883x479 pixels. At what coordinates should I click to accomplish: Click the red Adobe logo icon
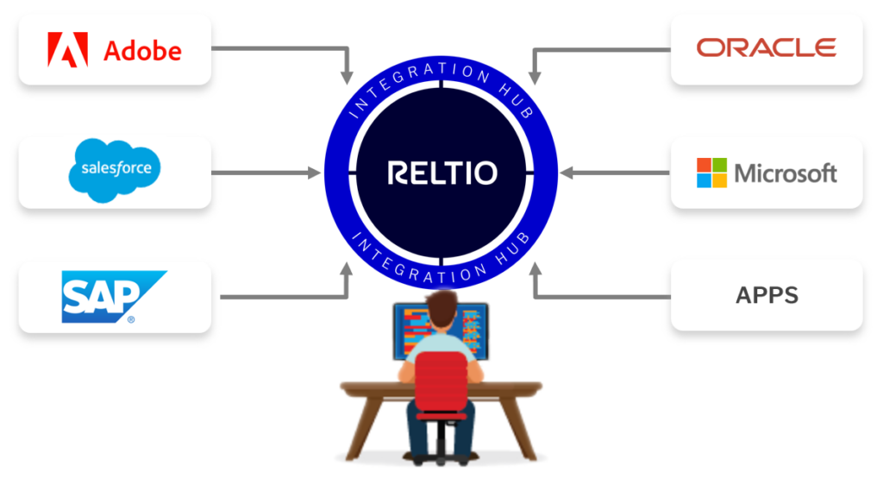68,50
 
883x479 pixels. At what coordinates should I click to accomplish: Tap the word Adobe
142,51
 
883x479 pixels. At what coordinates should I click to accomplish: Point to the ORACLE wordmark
766,47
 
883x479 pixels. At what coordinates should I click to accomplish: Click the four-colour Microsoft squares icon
712,173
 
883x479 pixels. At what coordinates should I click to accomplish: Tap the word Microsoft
786,173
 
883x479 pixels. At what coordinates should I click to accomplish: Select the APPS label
767,296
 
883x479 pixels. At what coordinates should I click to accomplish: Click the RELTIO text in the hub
441,173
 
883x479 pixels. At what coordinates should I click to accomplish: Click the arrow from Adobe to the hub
285,48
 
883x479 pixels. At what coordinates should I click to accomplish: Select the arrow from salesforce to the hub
263,173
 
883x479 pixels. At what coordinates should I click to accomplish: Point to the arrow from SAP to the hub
285,297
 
